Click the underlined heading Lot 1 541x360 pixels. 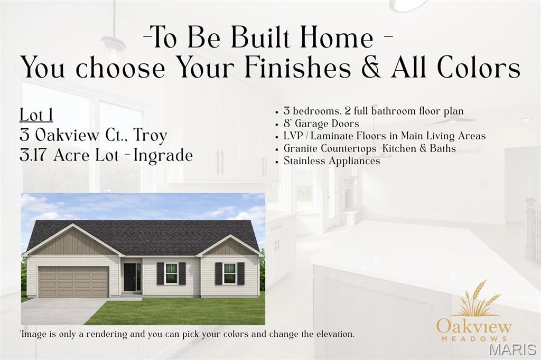36,115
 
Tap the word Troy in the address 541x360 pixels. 150,135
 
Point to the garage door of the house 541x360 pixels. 73,281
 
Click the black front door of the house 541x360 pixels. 130,277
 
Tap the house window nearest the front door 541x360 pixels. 171,273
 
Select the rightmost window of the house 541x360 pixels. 229,273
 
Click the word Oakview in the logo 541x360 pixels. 474,326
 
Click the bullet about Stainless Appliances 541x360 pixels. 331,161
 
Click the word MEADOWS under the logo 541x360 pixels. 474,338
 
